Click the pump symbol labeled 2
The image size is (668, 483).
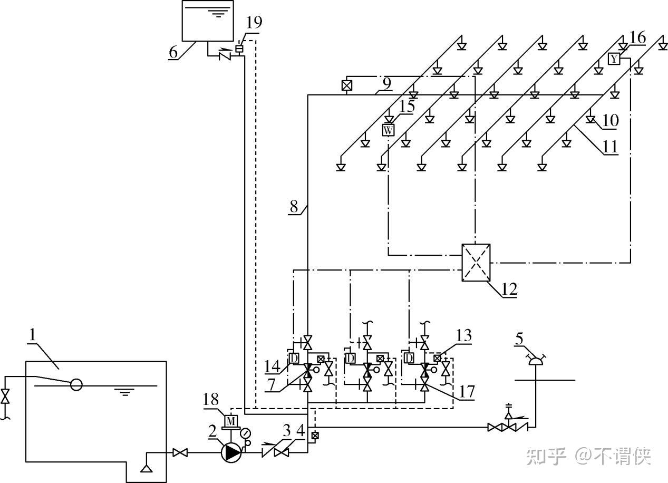[x=231, y=452]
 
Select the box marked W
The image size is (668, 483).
[x=388, y=130]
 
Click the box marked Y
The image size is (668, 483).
[x=614, y=59]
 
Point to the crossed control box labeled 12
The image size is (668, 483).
[x=476, y=263]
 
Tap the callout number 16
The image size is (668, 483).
[x=637, y=38]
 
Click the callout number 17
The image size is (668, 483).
[x=466, y=392]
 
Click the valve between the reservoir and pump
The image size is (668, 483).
[x=180, y=452]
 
